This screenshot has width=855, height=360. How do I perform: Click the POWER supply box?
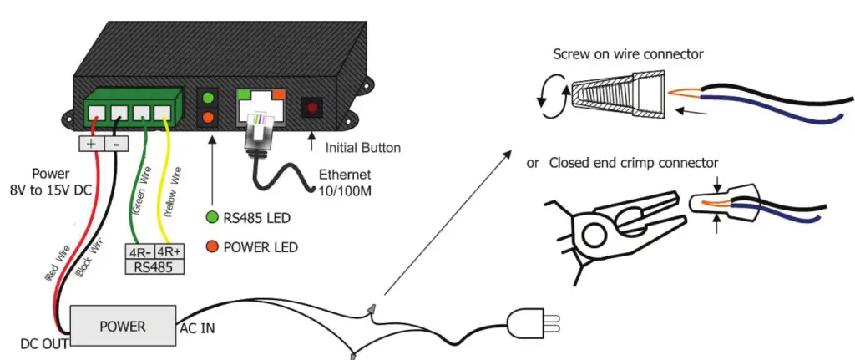[122, 326]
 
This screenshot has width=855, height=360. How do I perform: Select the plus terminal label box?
[90, 143]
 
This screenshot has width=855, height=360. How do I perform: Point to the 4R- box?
[139, 251]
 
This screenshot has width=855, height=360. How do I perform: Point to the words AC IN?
[198, 329]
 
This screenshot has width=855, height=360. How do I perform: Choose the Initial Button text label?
[362, 148]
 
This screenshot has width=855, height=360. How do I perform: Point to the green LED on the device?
[206, 98]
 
